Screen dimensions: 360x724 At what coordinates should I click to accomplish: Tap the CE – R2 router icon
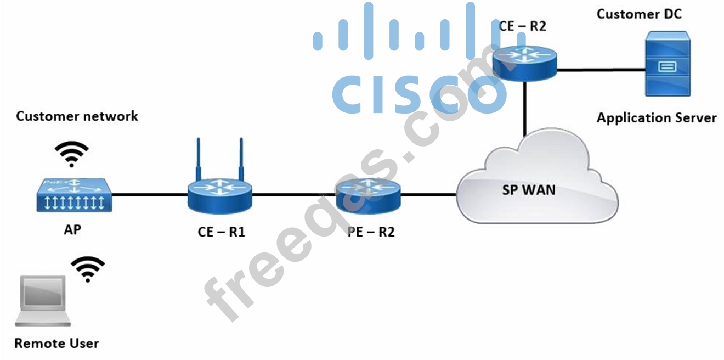524,61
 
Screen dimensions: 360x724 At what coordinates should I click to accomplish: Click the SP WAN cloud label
529,190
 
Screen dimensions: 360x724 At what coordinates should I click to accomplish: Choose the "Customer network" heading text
77,116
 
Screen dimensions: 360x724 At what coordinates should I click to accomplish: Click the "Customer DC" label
639,14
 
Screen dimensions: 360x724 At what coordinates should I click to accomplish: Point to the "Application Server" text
657,117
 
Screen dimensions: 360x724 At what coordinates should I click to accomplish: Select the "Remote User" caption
56,344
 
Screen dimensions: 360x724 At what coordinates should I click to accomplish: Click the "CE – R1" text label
222,232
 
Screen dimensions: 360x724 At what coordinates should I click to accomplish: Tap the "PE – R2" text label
371,232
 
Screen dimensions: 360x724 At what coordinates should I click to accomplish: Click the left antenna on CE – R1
199,159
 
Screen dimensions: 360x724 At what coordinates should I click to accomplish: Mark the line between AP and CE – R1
150,194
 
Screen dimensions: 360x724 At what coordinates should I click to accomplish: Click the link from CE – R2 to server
601,70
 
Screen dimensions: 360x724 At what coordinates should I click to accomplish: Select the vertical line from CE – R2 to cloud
525,107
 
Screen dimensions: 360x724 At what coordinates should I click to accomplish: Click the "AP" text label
72,229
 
